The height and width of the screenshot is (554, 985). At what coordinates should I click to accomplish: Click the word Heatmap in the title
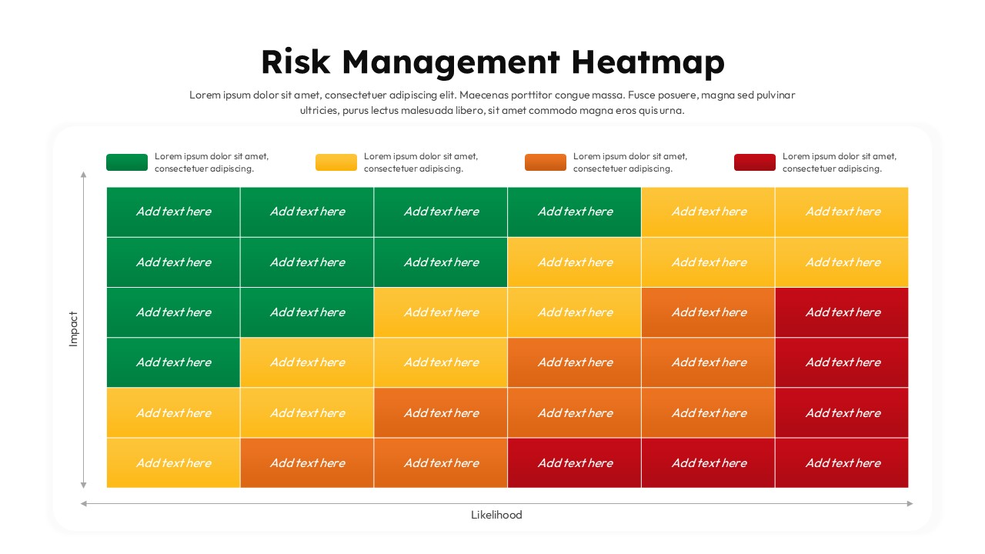coord(647,62)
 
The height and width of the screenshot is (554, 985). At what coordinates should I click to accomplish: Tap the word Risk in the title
coord(295,62)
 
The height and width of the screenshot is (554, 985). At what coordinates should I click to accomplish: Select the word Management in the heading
coord(450,62)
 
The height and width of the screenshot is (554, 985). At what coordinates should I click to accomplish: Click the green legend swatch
coord(127,162)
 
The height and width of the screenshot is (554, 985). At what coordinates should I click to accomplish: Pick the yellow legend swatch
coord(336,162)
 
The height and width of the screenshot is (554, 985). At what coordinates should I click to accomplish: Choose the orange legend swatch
coord(546,162)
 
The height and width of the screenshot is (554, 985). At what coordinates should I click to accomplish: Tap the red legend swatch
coord(755,162)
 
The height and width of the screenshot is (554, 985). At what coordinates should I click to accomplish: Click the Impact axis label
coord(74,329)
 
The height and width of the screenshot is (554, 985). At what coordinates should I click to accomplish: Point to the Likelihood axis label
coord(496,516)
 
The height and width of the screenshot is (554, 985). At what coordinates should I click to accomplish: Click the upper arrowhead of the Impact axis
coord(83,175)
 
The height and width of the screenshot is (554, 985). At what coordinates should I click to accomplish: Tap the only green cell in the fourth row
coord(173,362)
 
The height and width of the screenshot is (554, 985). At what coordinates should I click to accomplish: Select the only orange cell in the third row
coord(708,312)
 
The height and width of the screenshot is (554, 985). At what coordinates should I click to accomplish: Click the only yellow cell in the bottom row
coord(173,463)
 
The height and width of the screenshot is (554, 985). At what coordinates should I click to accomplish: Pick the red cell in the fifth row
coord(842,413)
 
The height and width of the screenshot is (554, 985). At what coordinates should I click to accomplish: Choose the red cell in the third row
coord(842,312)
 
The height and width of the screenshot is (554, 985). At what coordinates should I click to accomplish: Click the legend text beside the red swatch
coord(839,162)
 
